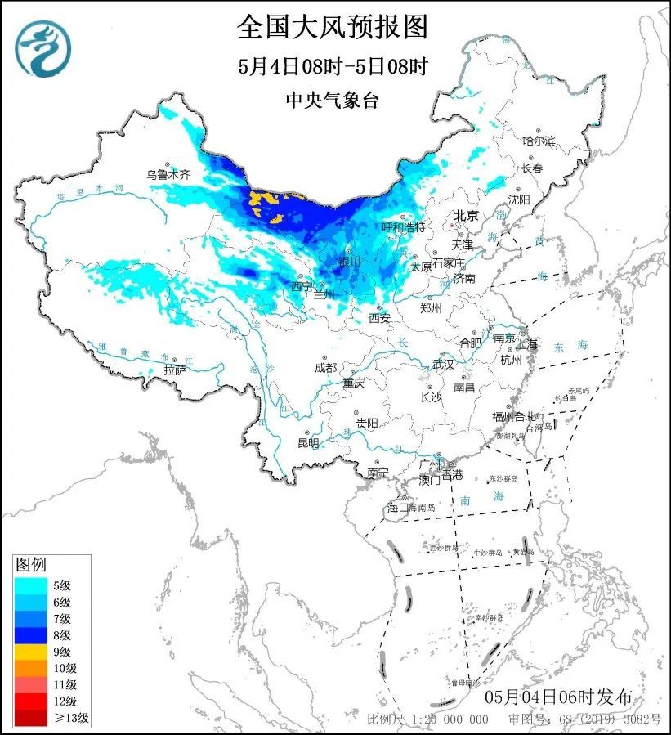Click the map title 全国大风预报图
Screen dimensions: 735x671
(x=333, y=27)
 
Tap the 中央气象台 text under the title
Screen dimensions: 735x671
(x=333, y=100)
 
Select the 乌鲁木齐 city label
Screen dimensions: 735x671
(x=168, y=174)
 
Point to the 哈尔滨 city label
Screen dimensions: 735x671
(x=539, y=141)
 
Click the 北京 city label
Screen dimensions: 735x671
(x=466, y=216)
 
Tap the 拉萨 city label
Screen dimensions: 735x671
(x=175, y=370)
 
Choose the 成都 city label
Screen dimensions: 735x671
(x=326, y=368)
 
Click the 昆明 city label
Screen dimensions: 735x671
(x=308, y=442)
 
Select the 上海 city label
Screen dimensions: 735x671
(x=527, y=344)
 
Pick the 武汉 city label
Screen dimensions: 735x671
(x=442, y=364)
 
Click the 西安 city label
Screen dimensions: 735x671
(x=379, y=317)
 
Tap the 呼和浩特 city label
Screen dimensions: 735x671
(x=404, y=226)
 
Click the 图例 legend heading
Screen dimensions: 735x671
(x=32, y=564)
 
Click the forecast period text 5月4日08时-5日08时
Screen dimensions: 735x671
(x=333, y=65)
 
